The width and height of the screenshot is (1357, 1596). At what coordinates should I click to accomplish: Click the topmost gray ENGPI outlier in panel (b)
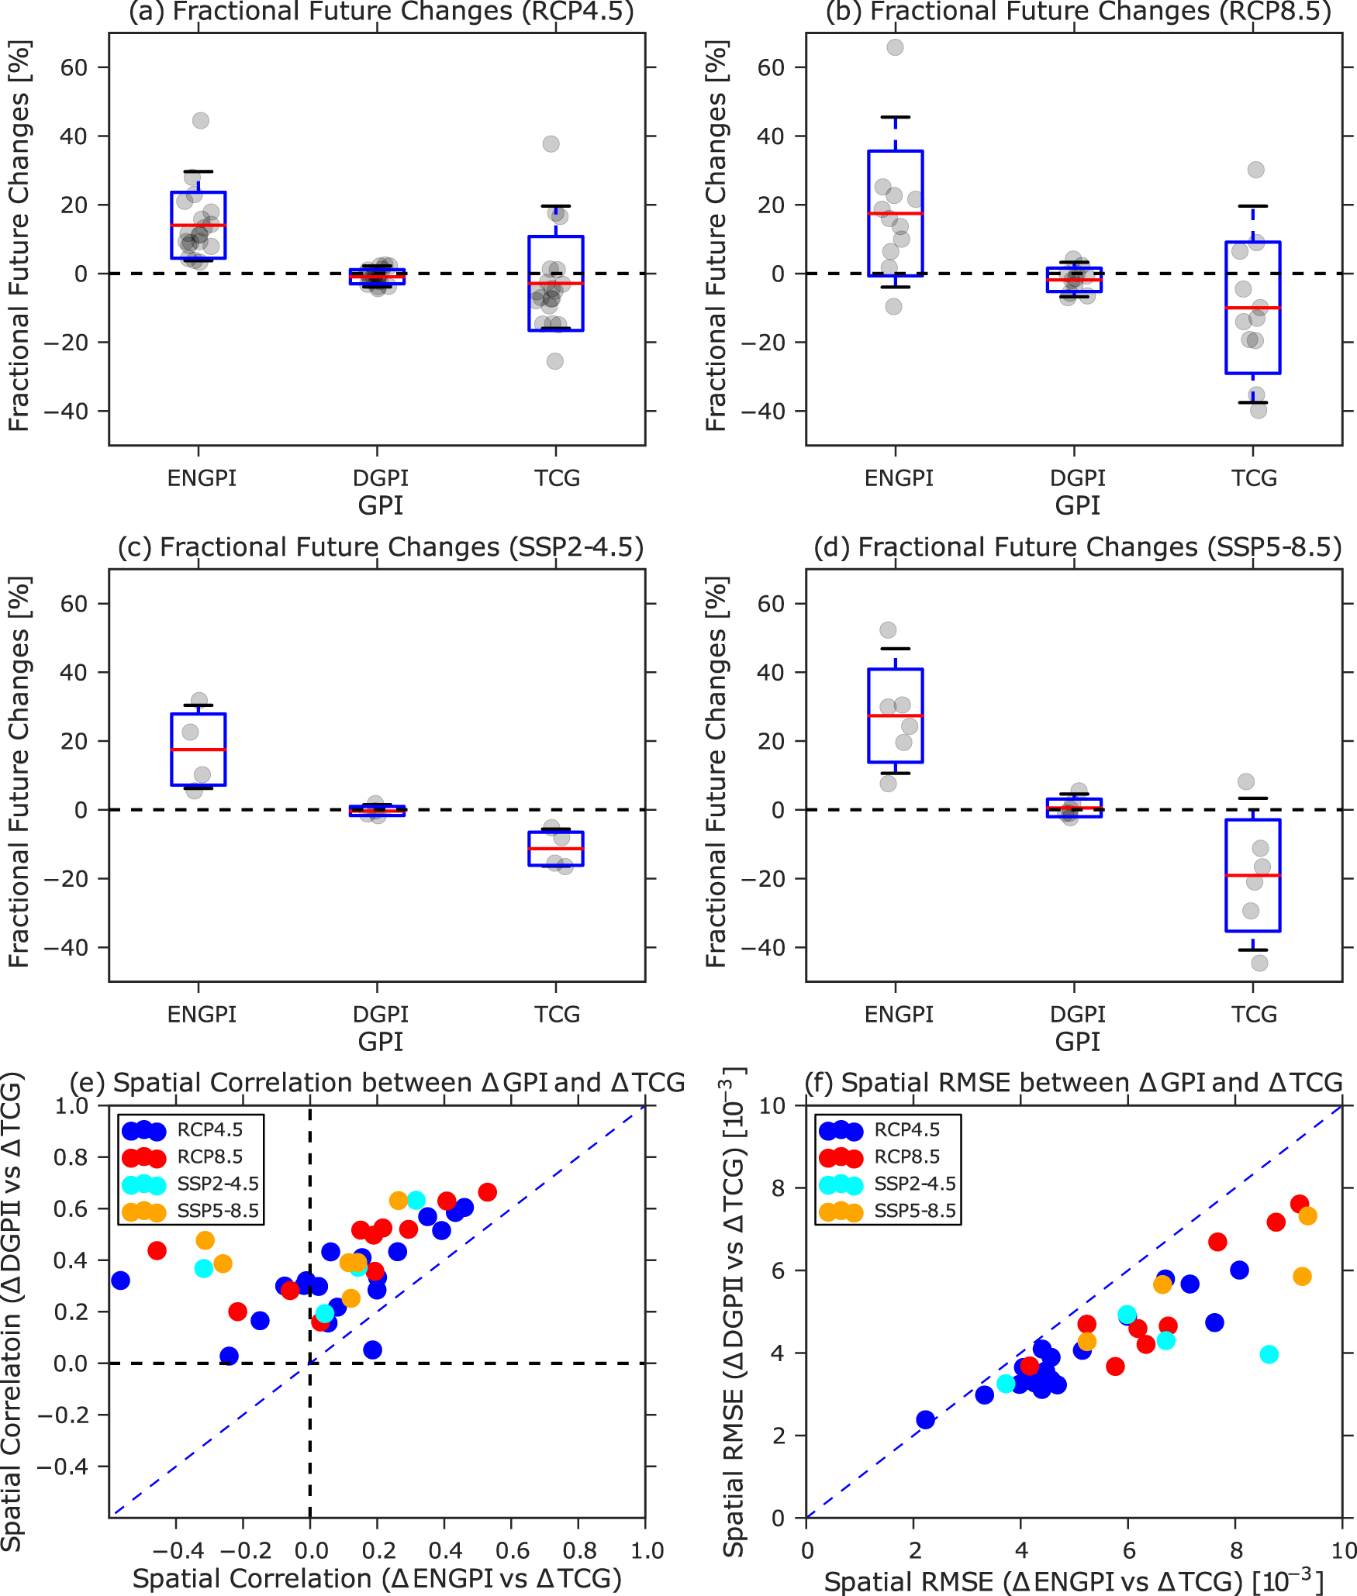coord(895,47)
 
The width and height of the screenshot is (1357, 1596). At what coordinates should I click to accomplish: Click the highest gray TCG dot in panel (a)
coord(551,143)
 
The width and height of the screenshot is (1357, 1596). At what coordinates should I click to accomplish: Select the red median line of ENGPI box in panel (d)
coord(895,715)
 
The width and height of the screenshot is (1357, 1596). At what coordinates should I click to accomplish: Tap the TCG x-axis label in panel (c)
coord(556,1014)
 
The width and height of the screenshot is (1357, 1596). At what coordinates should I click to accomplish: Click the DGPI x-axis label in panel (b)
coord(1077,477)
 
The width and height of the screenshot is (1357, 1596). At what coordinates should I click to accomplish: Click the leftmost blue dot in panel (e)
coord(120,1280)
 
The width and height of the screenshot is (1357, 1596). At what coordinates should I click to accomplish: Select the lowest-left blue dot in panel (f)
coord(925,1419)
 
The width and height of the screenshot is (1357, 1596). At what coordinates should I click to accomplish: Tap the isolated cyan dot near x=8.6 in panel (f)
coord(1269,1354)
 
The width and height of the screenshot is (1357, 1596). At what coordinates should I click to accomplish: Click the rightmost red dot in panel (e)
coord(487,1192)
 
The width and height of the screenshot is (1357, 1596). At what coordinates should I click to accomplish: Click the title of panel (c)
coord(380,547)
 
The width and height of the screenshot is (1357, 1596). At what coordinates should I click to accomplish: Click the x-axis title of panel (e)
coord(377,1578)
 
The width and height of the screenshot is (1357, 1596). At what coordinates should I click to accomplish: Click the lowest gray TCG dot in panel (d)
coord(1259,963)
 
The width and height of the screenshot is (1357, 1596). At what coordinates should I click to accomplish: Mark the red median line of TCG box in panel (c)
coord(555,849)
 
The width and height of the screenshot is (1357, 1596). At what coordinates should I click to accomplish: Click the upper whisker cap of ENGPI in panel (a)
coord(199,171)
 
